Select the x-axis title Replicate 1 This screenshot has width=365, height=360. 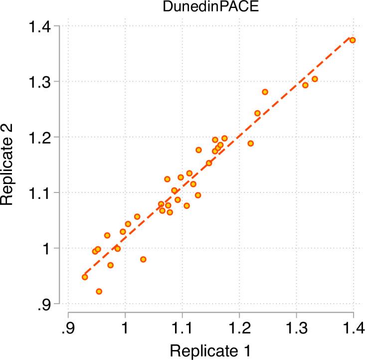210,350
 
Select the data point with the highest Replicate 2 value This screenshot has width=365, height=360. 352,40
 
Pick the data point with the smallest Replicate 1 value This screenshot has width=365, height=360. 85,277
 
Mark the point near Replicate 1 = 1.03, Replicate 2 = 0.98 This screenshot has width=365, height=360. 143,259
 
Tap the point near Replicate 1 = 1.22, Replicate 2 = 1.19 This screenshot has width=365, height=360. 250,143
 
